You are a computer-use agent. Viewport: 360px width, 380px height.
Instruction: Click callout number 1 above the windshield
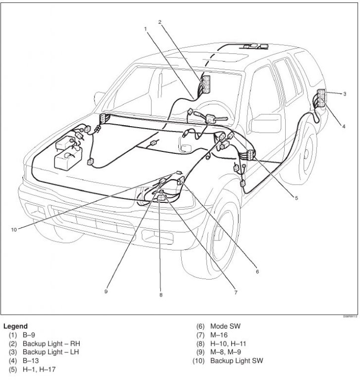point(146,29)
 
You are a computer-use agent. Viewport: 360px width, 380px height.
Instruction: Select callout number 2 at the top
point(160,22)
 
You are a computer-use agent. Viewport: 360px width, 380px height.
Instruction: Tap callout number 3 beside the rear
point(344,93)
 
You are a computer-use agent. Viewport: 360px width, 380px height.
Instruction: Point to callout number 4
point(343,126)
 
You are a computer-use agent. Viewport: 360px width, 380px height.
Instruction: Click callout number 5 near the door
point(296,197)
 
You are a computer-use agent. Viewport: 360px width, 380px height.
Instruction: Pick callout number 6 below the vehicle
point(257,271)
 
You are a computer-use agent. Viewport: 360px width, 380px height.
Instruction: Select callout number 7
point(236,292)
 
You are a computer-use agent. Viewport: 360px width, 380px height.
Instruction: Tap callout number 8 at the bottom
point(161,295)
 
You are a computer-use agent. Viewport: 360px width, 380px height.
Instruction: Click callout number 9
point(106,291)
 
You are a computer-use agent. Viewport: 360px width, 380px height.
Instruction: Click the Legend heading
point(16,327)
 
